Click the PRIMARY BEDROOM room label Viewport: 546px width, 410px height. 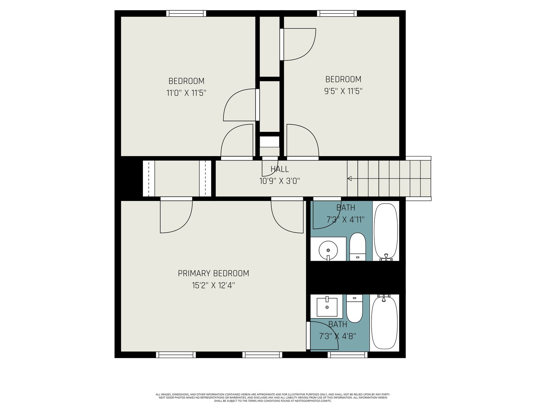213,273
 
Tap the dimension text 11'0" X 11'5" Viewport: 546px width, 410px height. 186,93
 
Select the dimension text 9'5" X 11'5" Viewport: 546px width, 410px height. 343,91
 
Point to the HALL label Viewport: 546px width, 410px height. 279,169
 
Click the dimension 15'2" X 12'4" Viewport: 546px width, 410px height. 213,285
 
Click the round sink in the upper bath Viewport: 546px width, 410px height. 328,250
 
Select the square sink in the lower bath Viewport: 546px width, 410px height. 327,306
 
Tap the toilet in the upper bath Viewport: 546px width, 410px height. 357,247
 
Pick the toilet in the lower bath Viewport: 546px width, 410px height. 355,309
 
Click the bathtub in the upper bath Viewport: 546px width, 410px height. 386,232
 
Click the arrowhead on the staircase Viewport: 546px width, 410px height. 349,178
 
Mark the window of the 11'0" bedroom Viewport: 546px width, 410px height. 186,13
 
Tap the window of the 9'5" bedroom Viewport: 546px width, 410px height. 337,13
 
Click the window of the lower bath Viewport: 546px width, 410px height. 347,355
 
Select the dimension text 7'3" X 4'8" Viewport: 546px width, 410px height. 337,336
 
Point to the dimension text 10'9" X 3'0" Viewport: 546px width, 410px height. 279,181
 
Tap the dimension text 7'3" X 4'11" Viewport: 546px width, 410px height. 345,220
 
